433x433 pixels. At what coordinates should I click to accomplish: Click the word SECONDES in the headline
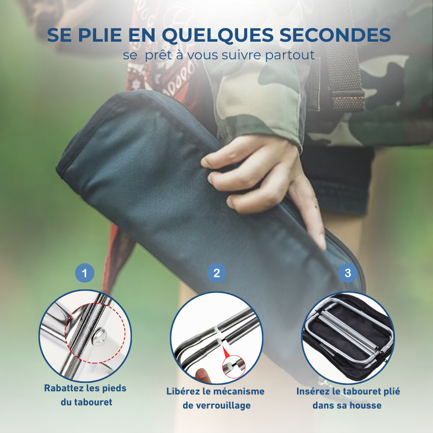pos(335,35)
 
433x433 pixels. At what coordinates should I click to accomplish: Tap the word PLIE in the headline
pos(100,35)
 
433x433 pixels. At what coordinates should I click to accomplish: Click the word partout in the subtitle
pos(290,55)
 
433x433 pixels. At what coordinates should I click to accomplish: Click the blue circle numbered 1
pos(85,273)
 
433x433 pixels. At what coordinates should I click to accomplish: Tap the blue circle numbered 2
pos(217,273)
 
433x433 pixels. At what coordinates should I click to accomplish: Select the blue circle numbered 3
pos(348,273)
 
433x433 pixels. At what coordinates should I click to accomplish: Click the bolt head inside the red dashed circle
pos(100,337)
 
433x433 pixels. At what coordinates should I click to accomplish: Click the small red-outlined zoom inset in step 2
pos(234,366)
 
